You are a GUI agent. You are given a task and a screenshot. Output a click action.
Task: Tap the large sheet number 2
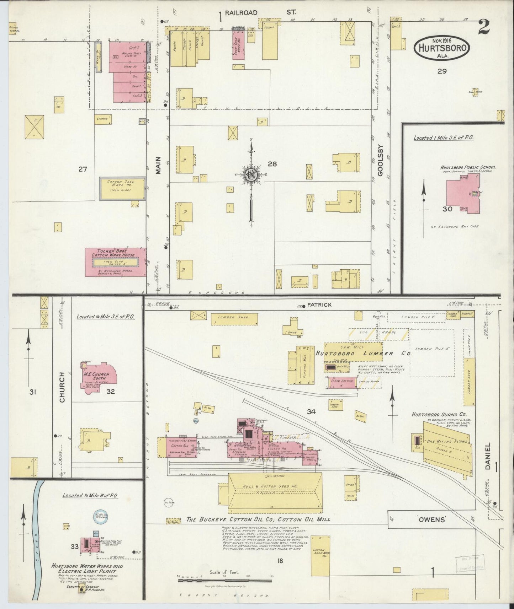483,27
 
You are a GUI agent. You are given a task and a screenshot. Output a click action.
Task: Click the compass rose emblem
251,174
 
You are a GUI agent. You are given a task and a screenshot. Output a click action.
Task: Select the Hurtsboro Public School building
463,193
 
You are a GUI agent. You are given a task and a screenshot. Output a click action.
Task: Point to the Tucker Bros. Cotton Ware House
115,262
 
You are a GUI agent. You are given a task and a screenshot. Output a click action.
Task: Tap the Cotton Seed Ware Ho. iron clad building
122,188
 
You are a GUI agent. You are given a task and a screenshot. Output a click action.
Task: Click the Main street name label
158,165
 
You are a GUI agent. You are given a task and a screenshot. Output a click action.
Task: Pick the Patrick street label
319,304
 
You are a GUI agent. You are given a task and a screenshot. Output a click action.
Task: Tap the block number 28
272,164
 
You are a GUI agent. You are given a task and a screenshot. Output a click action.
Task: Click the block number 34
312,412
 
